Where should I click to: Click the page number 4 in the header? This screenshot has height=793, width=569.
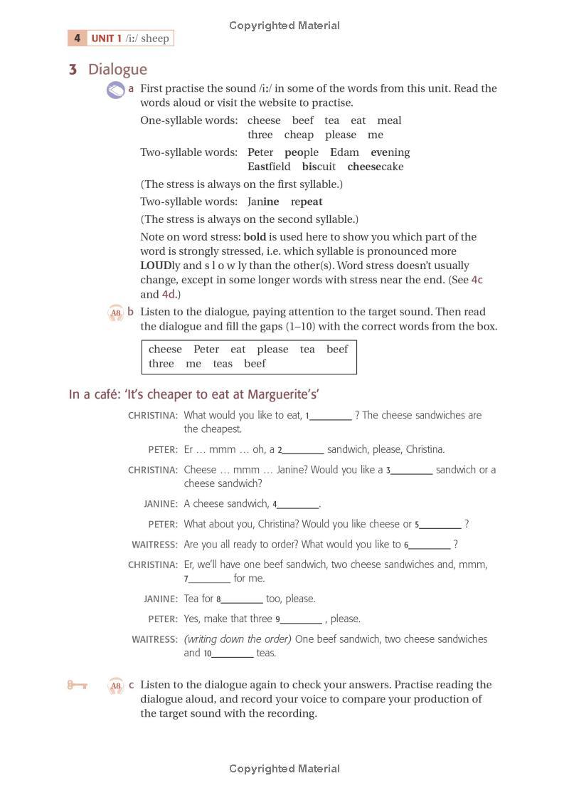[x=77, y=38]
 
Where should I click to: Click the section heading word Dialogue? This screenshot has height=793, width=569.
[x=117, y=69]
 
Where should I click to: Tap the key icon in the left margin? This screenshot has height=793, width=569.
[x=77, y=686]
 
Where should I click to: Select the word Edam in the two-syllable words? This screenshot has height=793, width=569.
[x=344, y=152]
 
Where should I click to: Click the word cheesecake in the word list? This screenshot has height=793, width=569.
[x=375, y=167]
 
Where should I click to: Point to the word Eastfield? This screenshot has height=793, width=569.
[x=269, y=167]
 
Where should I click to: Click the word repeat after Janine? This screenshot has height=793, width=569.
[x=306, y=201]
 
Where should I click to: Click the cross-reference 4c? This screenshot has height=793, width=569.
[x=477, y=280]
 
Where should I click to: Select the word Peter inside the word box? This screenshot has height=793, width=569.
[x=206, y=350]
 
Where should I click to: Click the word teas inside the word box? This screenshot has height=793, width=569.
[x=223, y=364]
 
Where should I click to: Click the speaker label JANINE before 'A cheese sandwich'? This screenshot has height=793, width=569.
[x=161, y=504]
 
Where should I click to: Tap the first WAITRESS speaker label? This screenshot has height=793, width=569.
[x=154, y=545]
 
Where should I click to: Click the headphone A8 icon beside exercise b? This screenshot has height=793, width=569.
[x=115, y=313]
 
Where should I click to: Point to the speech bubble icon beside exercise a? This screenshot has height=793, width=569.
[x=115, y=90]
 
